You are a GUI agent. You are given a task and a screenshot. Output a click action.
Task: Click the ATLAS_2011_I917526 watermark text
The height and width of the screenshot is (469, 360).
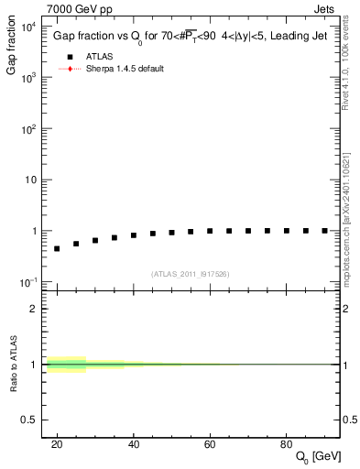(190, 274)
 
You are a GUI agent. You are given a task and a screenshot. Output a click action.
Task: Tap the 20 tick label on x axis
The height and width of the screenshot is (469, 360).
(57, 444)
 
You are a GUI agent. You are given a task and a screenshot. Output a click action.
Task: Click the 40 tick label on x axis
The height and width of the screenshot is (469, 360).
(134, 444)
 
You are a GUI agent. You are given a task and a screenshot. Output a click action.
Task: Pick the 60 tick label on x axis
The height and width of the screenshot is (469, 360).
(210, 444)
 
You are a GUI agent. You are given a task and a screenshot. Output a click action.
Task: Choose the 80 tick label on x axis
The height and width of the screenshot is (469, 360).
(287, 444)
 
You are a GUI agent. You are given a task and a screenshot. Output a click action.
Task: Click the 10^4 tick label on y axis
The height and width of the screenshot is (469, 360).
(29, 26)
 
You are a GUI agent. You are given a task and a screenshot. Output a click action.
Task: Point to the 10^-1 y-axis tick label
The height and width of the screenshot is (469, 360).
(29, 282)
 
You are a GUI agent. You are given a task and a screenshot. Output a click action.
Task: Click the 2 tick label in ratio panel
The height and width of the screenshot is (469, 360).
(35, 309)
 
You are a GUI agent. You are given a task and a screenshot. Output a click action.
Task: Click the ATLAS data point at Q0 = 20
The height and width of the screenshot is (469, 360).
(57, 248)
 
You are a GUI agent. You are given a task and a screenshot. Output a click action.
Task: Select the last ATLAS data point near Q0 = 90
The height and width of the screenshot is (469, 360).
(324, 231)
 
